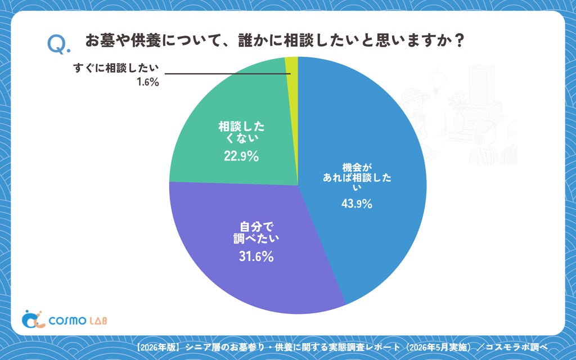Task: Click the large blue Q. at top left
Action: click(58, 45)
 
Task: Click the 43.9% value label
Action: click(357, 203)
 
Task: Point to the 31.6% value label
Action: click(256, 256)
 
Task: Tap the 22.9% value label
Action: click(241, 156)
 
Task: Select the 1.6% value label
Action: click(148, 82)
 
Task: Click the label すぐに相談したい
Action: click(116, 68)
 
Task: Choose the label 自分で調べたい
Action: click(256, 232)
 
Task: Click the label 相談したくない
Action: click(241, 132)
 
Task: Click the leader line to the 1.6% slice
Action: click(228, 74)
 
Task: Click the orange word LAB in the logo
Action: click(98, 320)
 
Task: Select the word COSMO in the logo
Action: click(67, 321)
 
